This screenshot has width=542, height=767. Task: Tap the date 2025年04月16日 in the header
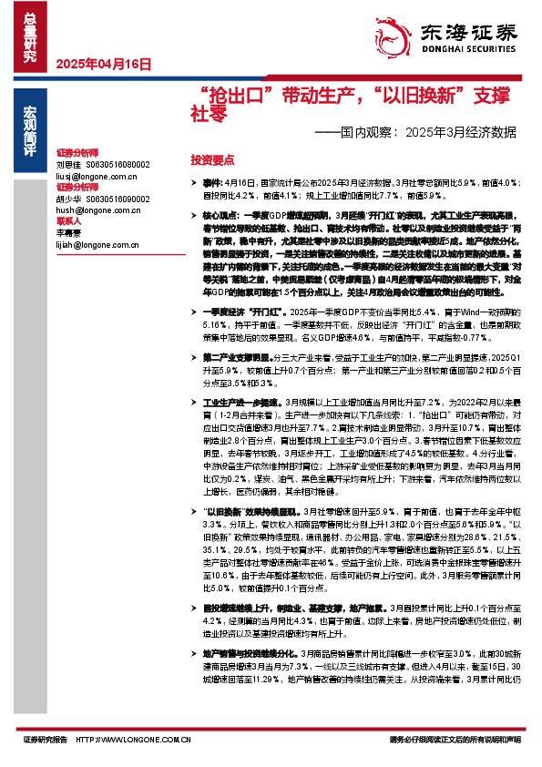pyautogui.click(x=102, y=65)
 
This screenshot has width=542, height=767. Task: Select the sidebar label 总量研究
pyautogui.click(x=30, y=36)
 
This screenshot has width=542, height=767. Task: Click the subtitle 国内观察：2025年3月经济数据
pyautogui.click(x=414, y=131)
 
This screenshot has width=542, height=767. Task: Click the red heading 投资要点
pyautogui.click(x=212, y=159)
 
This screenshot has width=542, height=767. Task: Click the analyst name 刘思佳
pyautogui.click(x=69, y=164)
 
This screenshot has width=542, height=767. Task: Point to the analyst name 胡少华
pyautogui.click(x=69, y=199)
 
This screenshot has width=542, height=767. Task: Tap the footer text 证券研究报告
pyautogui.click(x=46, y=741)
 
